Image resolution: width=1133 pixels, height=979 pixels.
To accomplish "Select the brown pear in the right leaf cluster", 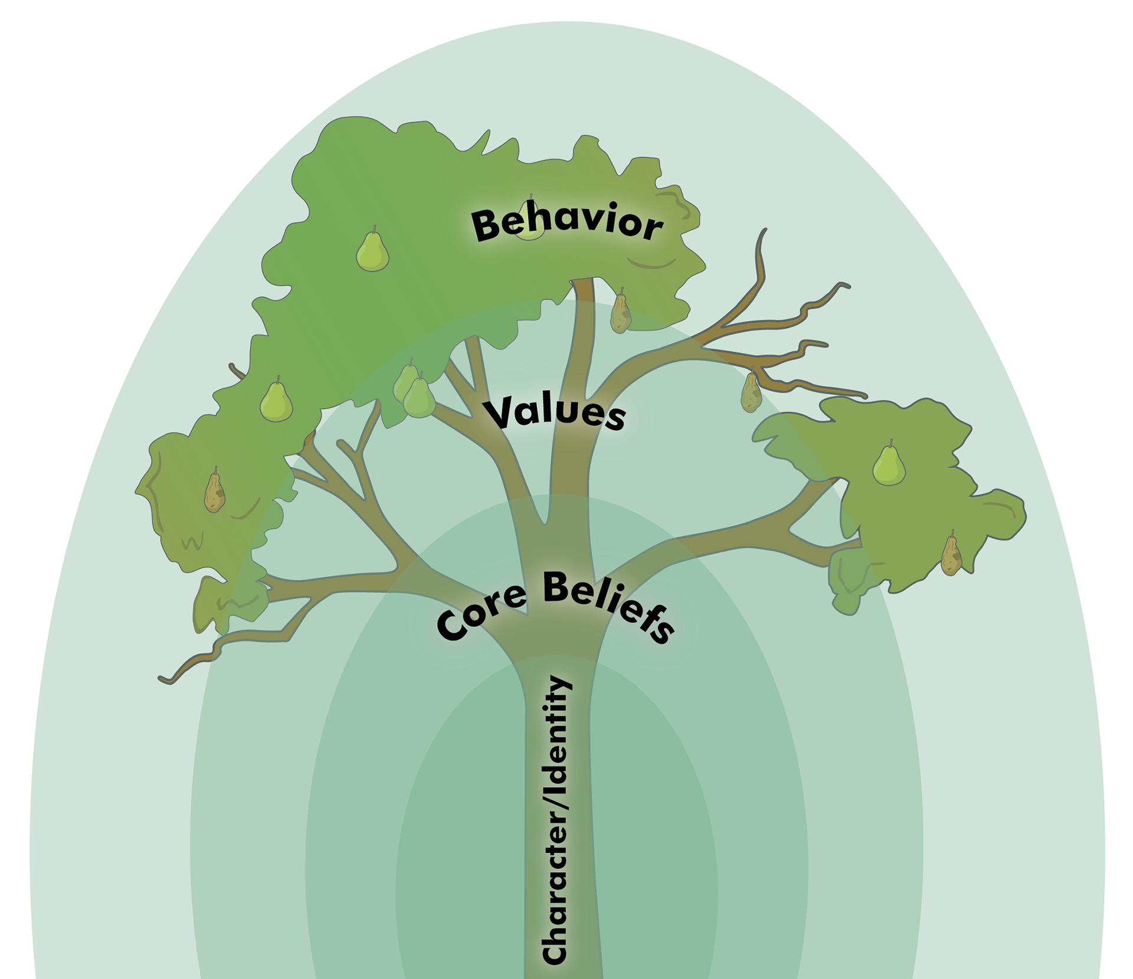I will point(950,555).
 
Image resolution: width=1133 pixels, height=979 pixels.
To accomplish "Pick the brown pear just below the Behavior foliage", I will point(620,313).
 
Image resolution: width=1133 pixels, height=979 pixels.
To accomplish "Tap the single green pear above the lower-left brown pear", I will point(276,402).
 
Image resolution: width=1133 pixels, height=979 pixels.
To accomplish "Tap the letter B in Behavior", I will point(487,227).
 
